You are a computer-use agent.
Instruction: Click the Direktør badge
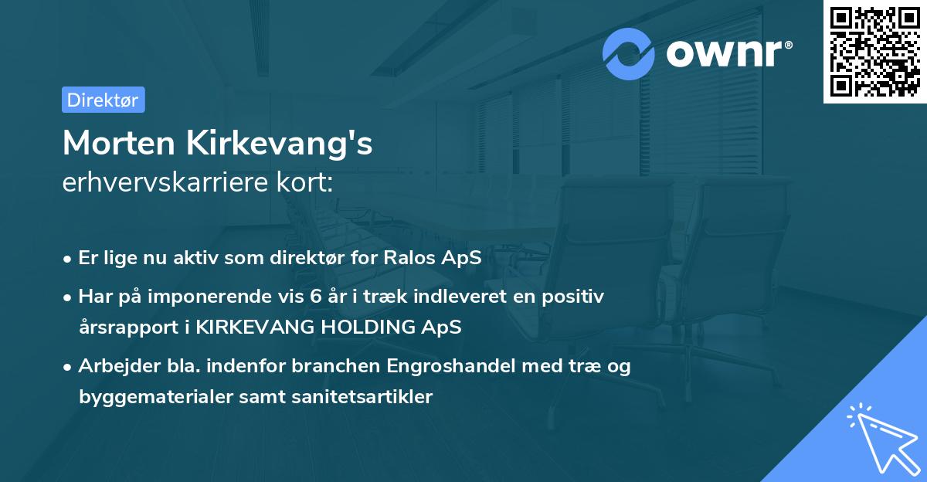coord(103,100)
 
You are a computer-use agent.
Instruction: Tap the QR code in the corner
coord(874,52)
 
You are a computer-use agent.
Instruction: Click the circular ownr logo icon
coord(629,53)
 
